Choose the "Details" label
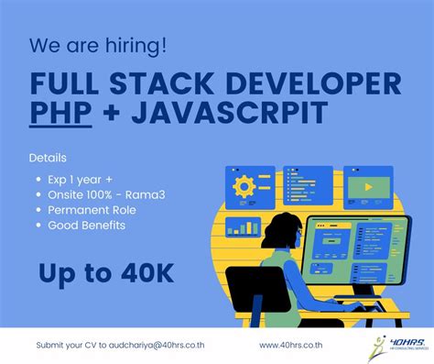[47, 158]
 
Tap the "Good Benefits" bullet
[88, 225]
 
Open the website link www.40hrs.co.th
[299, 346]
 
